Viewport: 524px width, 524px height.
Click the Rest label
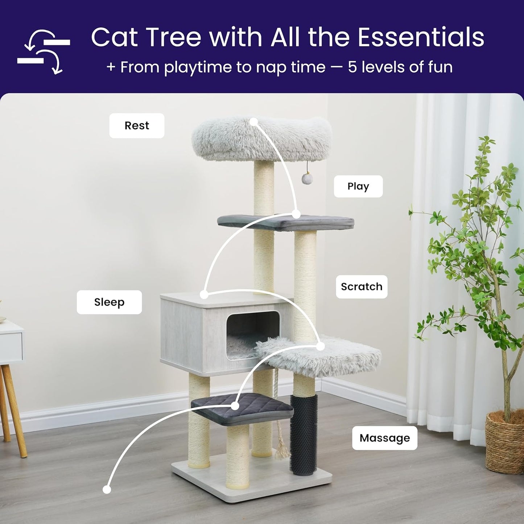(x=137, y=125)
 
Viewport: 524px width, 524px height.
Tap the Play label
(x=358, y=186)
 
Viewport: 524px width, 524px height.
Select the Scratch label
(x=362, y=286)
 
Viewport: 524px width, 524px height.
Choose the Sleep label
(x=109, y=302)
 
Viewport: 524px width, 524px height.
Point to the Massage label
(x=384, y=438)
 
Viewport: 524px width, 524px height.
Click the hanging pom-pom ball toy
(x=307, y=178)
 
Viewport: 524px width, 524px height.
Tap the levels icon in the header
(x=44, y=51)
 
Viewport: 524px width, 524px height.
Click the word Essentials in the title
(x=421, y=37)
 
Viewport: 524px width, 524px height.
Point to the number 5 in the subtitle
(x=352, y=67)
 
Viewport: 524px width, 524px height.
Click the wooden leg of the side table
(x=15, y=410)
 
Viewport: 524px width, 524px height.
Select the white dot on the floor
(x=107, y=490)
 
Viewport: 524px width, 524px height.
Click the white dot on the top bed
(x=254, y=121)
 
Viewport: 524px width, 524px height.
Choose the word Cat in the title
(x=114, y=37)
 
